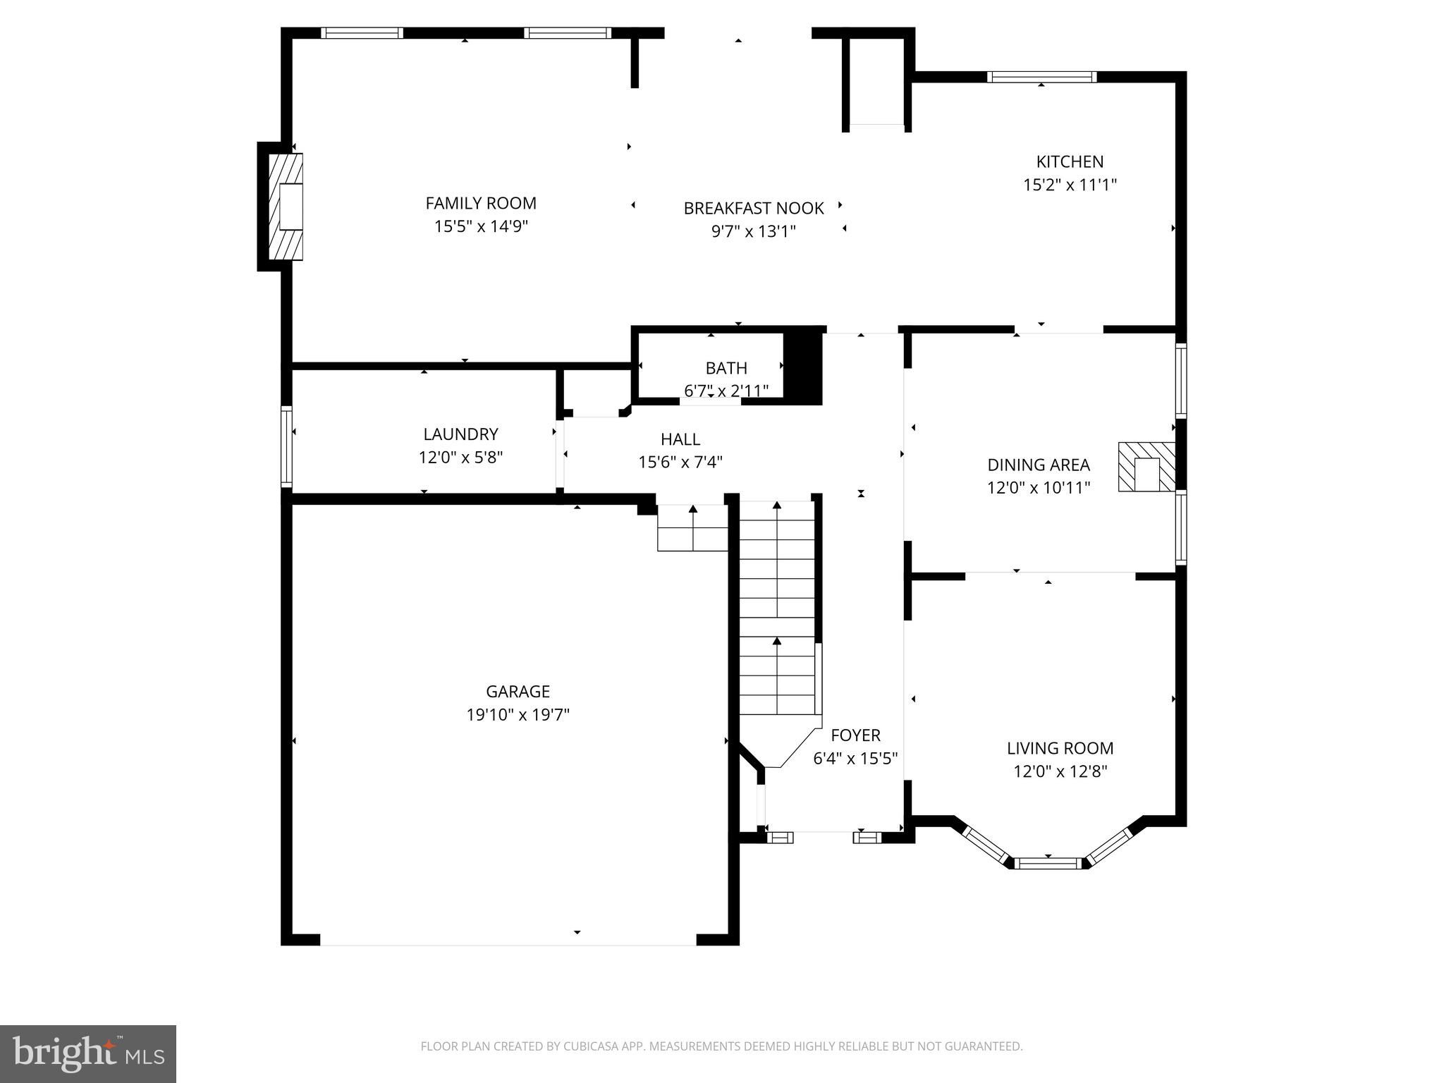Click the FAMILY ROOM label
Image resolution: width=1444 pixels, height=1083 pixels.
pyautogui.click(x=481, y=203)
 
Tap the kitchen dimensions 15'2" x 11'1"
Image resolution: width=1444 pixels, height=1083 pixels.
pyautogui.click(x=1070, y=185)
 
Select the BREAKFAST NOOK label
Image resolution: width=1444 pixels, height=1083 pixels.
pyautogui.click(x=753, y=208)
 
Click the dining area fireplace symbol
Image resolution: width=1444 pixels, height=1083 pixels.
pyautogui.click(x=1146, y=467)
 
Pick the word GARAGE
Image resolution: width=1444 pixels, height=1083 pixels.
pyautogui.click(x=518, y=691)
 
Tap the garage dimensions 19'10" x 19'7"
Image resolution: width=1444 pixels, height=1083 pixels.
pyautogui.click(x=518, y=715)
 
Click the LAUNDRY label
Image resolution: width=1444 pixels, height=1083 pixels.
pyautogui.click(x=460, y=434)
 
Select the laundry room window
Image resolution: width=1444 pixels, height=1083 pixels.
pyautogui.click(x=286, y=446)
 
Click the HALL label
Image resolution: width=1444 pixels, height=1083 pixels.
pyautogui.click(x=680, y=439)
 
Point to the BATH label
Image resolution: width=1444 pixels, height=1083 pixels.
pyautogui.click(x=726, y=368)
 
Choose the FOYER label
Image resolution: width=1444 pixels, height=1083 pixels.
pyautogui.click(x=855, y=735)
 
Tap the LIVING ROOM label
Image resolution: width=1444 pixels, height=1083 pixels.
pyautogui.click(x=1060, y=748)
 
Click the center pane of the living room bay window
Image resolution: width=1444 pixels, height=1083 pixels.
pyautogui.click(x=1048, y=862)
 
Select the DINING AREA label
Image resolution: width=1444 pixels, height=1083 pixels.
pyautogui.click(x=1038, y=465)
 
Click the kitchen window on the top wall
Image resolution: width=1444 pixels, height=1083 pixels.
pyautogui.click(x=1041, y=77)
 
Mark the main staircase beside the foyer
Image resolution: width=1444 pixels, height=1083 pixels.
pyautogui.click(x=777, y=606)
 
